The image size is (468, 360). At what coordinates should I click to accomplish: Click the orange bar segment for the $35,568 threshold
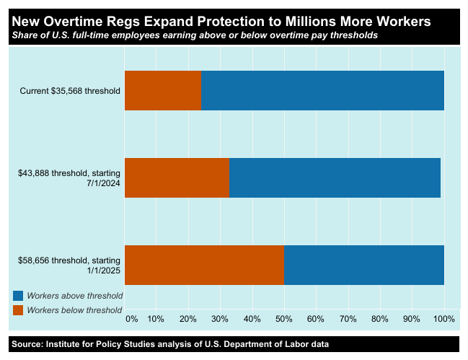[x=163, y=91]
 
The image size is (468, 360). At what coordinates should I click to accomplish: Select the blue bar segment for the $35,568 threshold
[x=322, y=91]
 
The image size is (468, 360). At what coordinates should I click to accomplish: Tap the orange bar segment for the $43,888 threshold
[x=177, y=177]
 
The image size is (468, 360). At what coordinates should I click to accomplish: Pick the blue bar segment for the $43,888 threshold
[x=335, y=177]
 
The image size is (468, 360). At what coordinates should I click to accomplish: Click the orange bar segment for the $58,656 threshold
[x=204, y=265]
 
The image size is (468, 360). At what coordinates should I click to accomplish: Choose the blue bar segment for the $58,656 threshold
[x=363, y=265]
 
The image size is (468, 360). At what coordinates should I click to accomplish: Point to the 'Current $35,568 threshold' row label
[x=70, y=91]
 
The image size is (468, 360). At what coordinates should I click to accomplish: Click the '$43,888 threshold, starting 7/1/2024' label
[x=70, y=177]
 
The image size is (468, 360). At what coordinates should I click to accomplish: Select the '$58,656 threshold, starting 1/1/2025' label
[x=70, y=265]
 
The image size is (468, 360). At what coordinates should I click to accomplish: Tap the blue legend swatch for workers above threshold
[x=18, y=295]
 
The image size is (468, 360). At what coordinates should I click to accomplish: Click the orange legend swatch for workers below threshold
[x=18, y=310]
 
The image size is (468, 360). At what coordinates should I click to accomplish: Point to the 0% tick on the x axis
[x=131, y=318]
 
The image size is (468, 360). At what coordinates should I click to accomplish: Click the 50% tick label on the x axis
[x=283, y=318]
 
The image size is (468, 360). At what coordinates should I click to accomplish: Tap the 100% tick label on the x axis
[x=443, y=318]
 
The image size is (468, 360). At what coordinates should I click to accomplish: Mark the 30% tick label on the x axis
[x=220, y=318]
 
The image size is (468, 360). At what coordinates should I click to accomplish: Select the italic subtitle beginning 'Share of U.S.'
[x=194, y=35]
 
